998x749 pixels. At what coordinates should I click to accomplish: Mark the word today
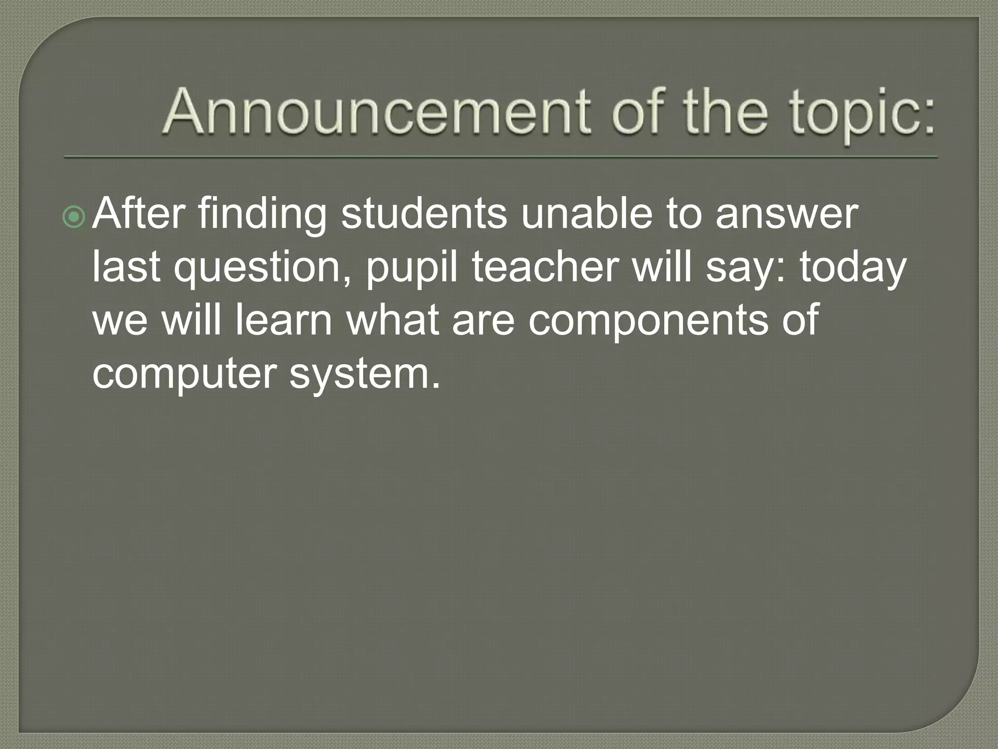point(853,269)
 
